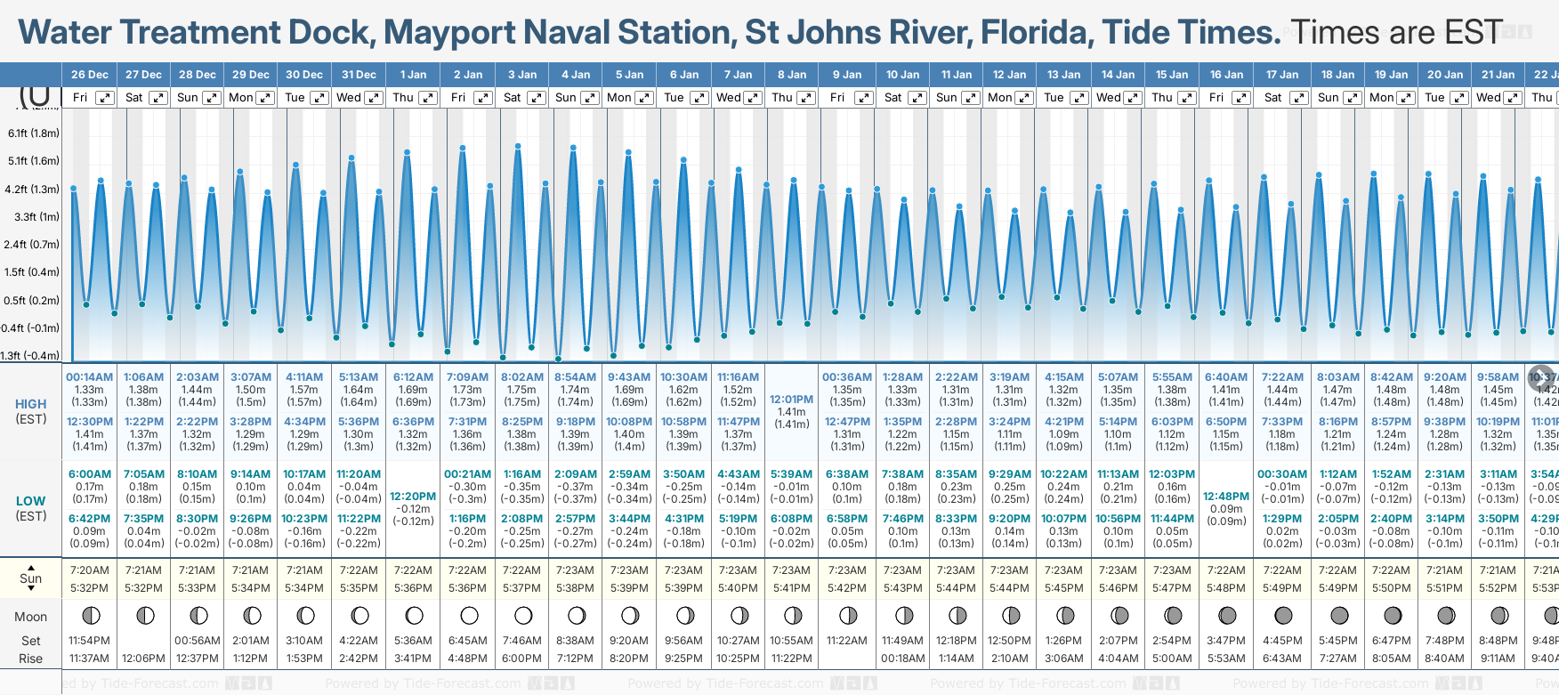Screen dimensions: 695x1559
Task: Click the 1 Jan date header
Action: point(413,75)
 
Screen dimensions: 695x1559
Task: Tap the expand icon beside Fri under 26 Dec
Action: point(105,98)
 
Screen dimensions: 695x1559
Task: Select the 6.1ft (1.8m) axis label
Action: point(34,133)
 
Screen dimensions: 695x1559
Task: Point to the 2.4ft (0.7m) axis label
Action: point(32,245)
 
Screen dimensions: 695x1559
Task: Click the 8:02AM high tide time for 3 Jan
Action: point(522,377)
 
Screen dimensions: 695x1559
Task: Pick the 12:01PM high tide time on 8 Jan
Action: point(791,400)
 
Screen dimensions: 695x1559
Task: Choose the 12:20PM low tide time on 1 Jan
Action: point(413,497)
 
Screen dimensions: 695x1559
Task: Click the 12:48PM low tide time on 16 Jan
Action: point(1226,497)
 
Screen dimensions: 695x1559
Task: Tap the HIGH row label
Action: point(31,404)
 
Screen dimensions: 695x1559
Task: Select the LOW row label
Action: point(31,501)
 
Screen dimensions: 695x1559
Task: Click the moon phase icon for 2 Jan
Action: point(469,616)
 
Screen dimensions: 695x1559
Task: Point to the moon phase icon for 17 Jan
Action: point(1283,616)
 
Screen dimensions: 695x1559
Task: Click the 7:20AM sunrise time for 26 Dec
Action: point(89,570)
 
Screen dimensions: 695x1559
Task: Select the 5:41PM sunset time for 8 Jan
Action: point(791,588)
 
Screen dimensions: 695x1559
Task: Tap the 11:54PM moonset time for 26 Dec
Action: point(89,641)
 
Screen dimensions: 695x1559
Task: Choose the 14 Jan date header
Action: point(1118,75)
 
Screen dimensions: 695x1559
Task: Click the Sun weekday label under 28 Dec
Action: point(188,98)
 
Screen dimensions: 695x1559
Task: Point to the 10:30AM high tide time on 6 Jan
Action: point(684,377)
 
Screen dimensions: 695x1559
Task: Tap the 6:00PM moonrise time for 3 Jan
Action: point(521,659)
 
